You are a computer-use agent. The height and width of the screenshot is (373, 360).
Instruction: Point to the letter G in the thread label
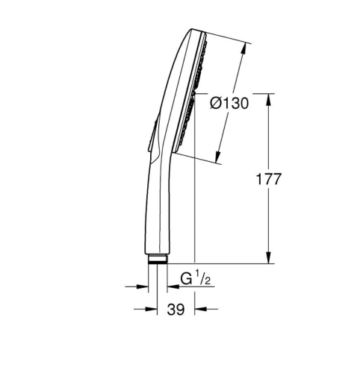pos(185,280)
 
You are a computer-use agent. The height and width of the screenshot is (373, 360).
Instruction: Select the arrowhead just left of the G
pos(173,285)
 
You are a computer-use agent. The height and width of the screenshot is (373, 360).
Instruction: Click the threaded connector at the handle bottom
pos(158,260)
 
